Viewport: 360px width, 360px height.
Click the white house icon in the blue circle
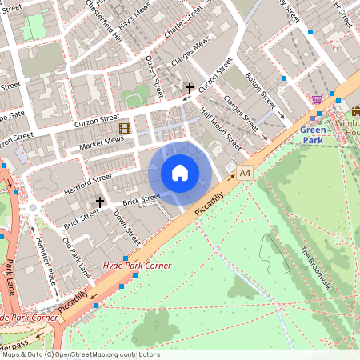[180, 172]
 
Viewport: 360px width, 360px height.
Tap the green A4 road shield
[245, 172]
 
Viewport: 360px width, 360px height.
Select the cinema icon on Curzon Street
[124, 127]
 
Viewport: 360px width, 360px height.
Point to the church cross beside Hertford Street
[100, 202]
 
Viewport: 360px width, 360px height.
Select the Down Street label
[126, 228]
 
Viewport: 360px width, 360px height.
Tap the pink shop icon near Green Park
[317, 100]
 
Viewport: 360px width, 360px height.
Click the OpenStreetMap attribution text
[80, 354]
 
